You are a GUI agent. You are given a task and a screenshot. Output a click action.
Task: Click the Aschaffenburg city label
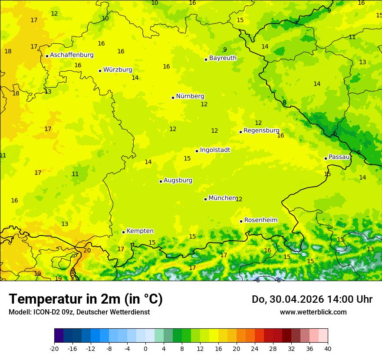click(x=72, y=55)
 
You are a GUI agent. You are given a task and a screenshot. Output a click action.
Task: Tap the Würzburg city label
click(x=118, y=70)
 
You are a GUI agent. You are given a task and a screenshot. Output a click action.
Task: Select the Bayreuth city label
click(x=223, y=58)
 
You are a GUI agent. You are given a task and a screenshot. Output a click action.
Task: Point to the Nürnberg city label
click(x=190, y=96)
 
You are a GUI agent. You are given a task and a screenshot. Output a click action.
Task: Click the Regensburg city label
click(x=261, y=131)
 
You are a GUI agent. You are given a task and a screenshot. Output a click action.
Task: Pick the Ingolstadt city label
click(x=215, y=150)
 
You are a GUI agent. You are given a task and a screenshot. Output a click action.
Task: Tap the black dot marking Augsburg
click(x=161, y=181)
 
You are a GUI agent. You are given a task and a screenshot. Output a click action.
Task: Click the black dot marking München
click(x=206, y=199)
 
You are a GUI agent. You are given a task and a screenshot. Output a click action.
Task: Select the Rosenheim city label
click(x=260, y=220)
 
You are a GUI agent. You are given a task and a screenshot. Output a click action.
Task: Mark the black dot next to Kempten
click(x=124, y=232)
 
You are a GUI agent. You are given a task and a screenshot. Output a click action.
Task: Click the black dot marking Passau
click(x=326, y=158)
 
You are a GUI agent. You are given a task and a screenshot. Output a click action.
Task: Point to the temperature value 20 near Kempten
click(x=87, y=250)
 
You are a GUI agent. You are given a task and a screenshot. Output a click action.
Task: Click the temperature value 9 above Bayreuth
click(x=225, y=49)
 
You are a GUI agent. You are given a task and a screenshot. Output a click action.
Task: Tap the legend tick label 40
click(x=327, y=348)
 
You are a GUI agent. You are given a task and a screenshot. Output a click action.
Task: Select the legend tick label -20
click(x=54, y=348)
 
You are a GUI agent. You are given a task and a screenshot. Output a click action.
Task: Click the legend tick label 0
click(x=145, y=348)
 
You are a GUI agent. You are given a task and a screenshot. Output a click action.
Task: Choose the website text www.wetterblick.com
click(x=313, y=312)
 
